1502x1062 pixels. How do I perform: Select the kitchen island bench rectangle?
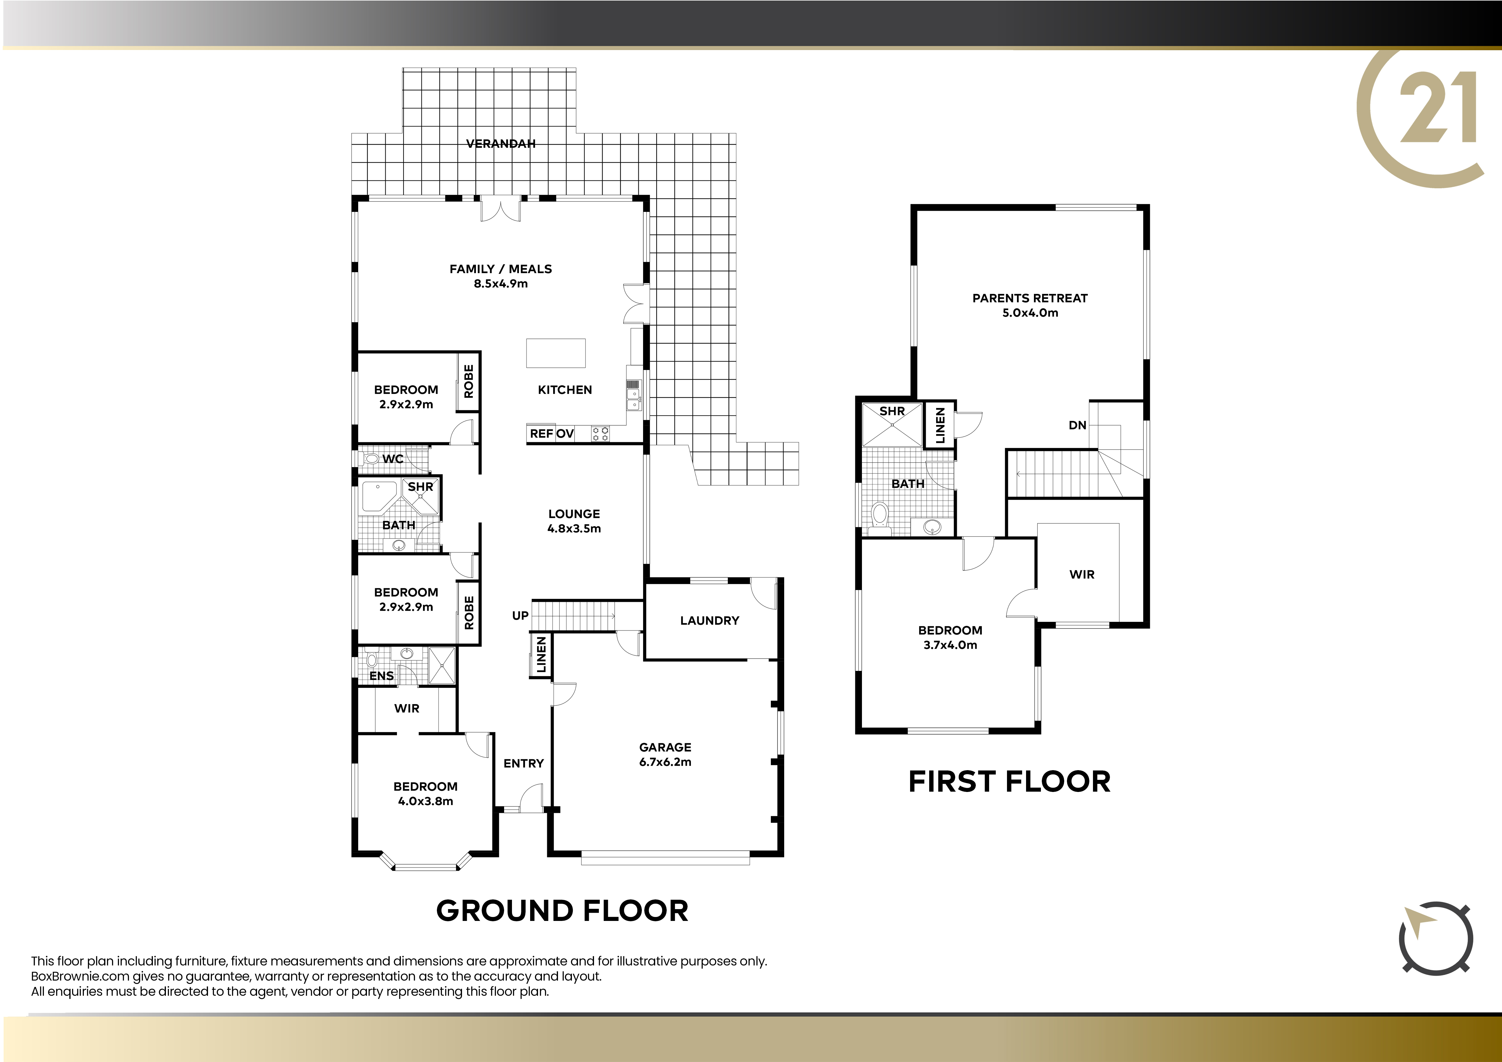(x=556, y=353)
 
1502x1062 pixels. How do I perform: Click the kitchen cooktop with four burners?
(x=601, y=434)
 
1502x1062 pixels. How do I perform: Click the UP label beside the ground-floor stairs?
(x=520, y=615)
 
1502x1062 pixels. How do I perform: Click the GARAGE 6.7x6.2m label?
(x=665, y=754)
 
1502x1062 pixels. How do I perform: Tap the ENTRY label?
(x=523, y=763)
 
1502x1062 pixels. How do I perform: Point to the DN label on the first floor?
(x=1078, y=425)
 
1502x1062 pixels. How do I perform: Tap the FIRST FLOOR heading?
(x=1009, y=781)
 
